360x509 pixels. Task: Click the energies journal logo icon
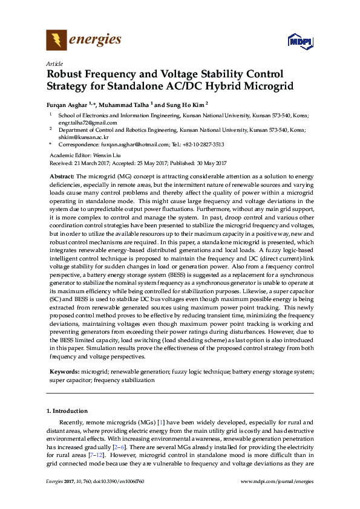pyautogui.click(x=56, y=41)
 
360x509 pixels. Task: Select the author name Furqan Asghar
pyautogui.click(x=67, y=103)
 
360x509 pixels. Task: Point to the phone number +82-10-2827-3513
pyautogui.click(x=201, y=145)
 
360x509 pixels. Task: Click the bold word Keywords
pyautogui.click(x=62, y=370)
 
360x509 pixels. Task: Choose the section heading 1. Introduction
pyautogui.click(x=67, y=411)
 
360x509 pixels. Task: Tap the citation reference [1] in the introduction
pyautogui.click(x=161, y=422)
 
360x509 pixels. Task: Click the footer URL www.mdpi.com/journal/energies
pyautogui.click(x=277, y=481)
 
